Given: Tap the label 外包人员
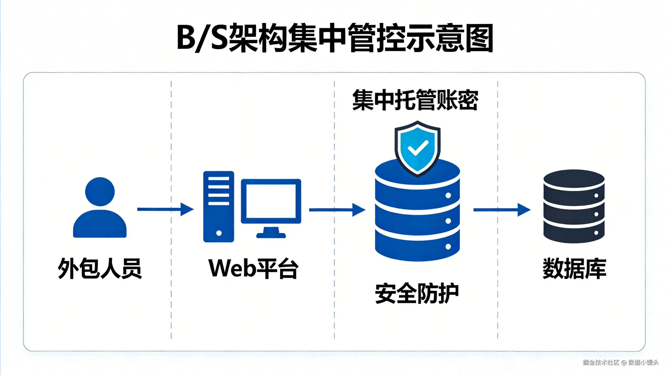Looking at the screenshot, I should (x=100, y=268).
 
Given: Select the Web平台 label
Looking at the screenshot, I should (x=253, y=268).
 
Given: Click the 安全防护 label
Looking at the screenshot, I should (x=417, y=293).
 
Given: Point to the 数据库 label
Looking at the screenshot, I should (x=574, y=268).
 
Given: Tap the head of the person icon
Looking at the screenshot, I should (x=100, y=192).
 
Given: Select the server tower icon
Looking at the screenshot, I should (x=219, y=207).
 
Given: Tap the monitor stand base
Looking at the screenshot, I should (x=271, y=235).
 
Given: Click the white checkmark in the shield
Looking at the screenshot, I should (x=418, y=148).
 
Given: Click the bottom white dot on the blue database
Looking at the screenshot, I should (x=448, y=246).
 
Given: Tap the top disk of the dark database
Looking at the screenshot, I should (x=574, y=179).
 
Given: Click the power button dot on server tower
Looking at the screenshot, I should (x=219, y=233).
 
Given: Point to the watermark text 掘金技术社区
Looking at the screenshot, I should (x=601, y=362).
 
